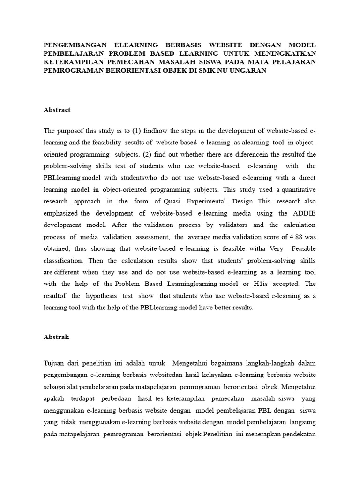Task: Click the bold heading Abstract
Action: coord(57,110)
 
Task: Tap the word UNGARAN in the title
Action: coord(249,71)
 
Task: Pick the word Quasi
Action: coord(171,201)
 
